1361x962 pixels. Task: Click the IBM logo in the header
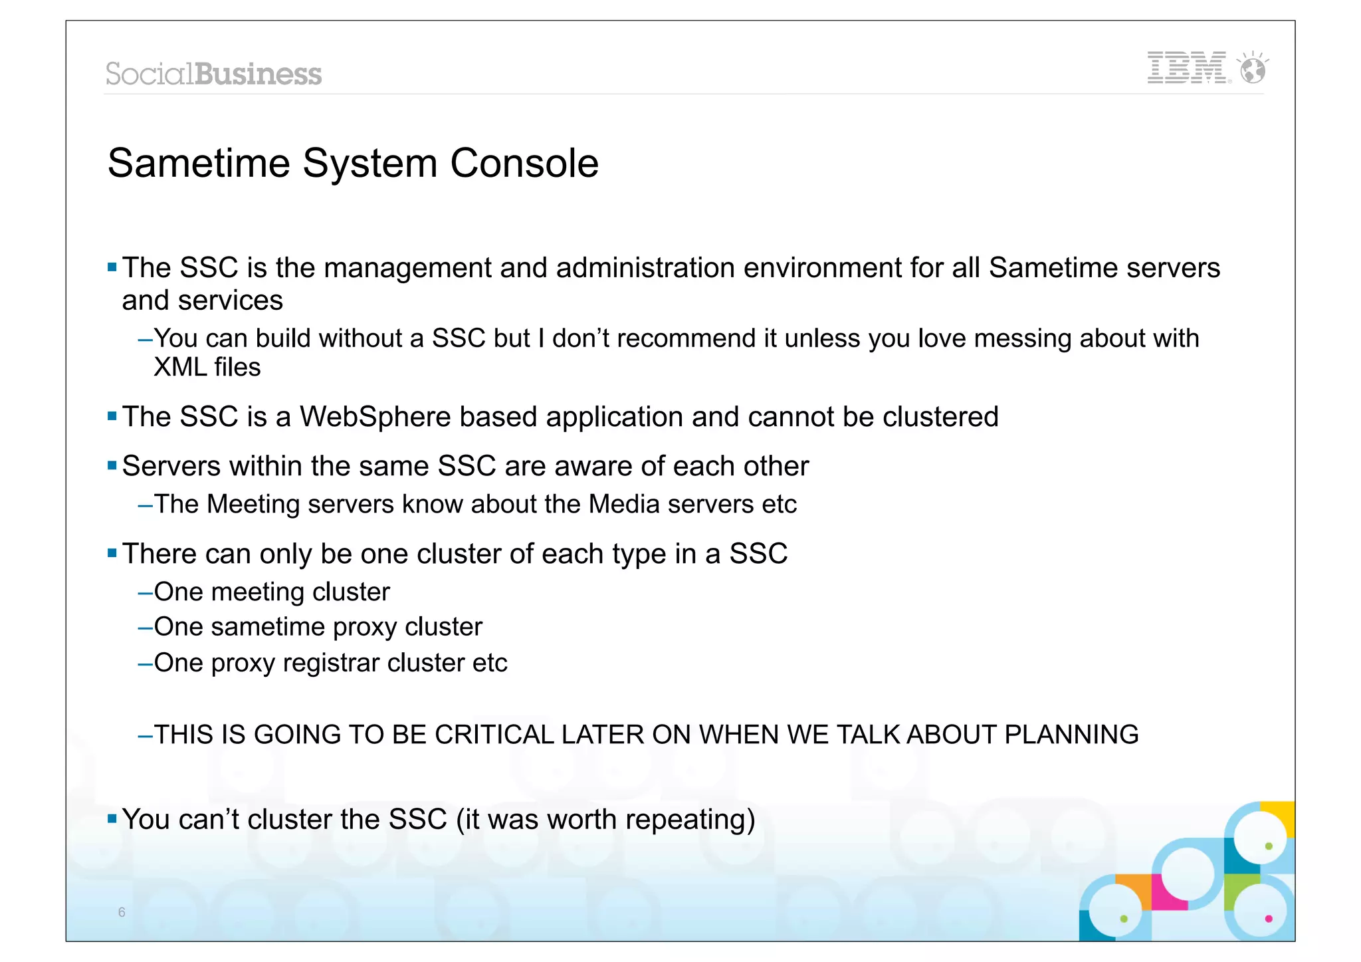pyautogui.click(x=1187, y=68)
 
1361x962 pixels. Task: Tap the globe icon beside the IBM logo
pyautogui.click(x=1253, y=69)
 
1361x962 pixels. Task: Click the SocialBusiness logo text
pyautogui.click(x=213, y=74)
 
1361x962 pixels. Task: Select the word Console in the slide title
pyautogui.click(x=524, y=164)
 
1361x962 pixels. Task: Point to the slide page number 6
pyautogui.click(x=122, y=912)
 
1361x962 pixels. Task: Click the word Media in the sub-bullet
pyautogui.click(x=624, y=505)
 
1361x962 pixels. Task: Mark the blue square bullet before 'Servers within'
pyautogui.click(x=112, y=465)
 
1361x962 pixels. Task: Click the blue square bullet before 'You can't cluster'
pyautogui.click(x=112, y=818)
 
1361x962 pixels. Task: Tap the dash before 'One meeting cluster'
pyautogui.click(x=145, y=592)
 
